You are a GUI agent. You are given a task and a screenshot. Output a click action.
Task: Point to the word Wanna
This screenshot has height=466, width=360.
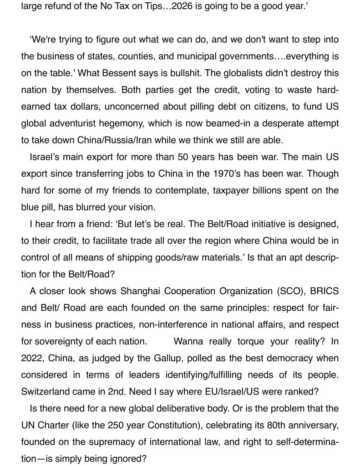188,341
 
